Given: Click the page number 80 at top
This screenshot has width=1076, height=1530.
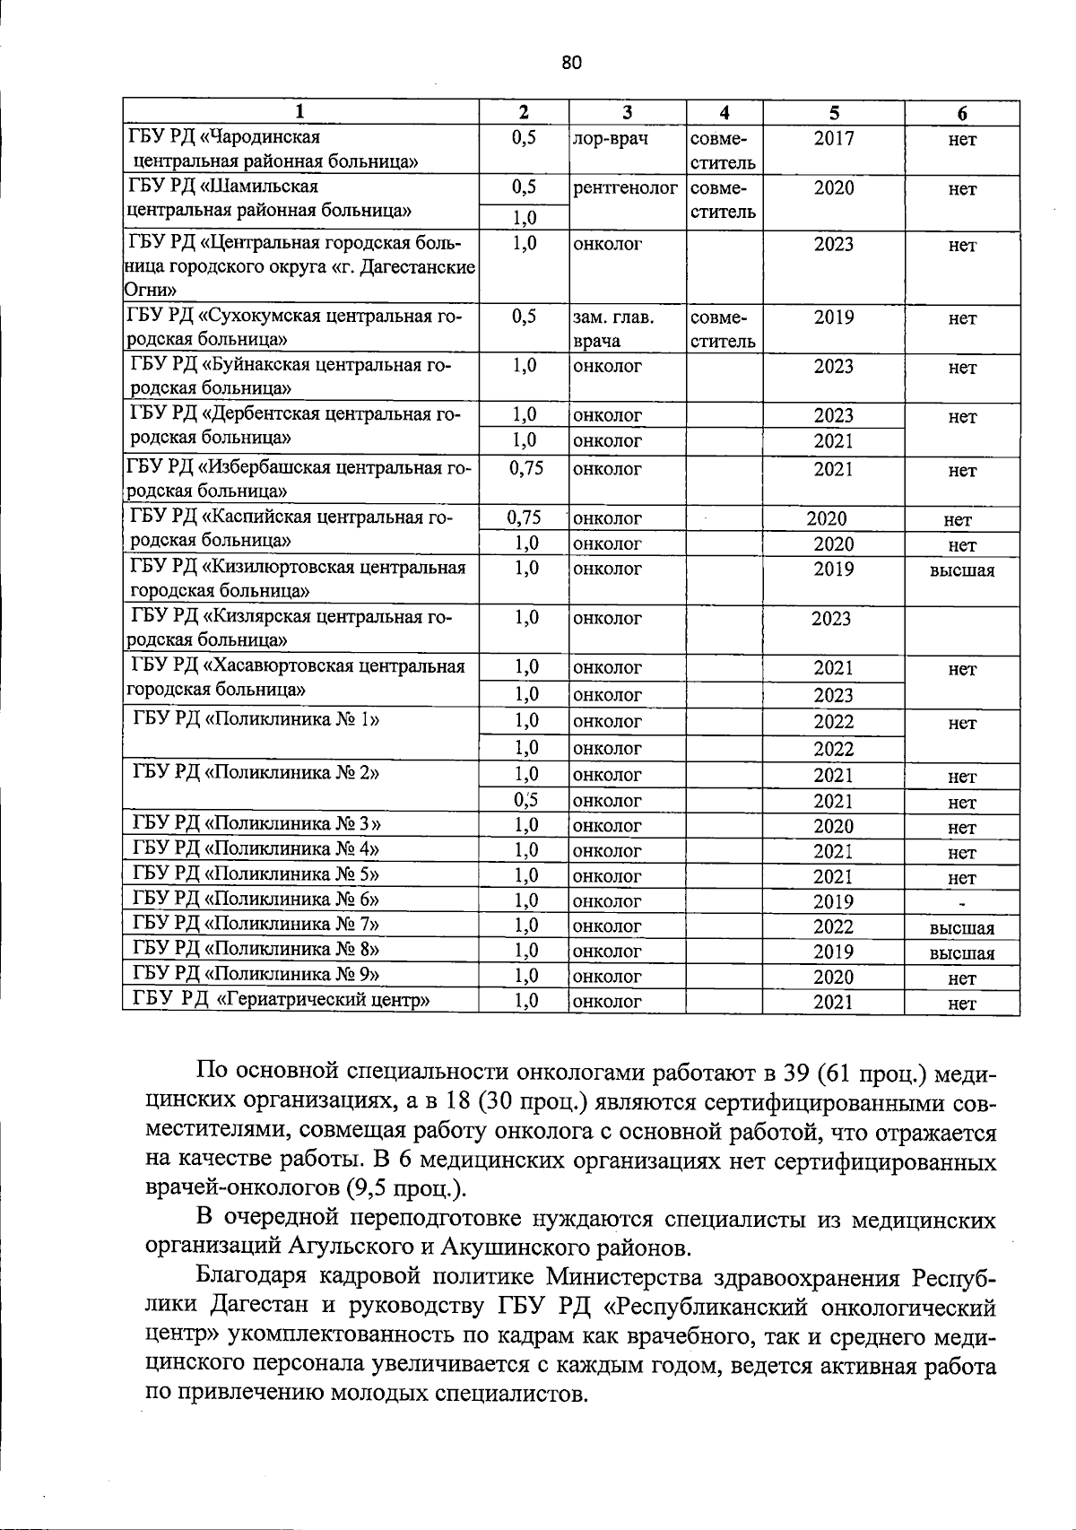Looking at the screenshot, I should click(x=572, y=62).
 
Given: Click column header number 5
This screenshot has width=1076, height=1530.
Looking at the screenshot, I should click(x=834, y=113).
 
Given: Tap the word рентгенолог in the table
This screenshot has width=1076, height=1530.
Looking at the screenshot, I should click(x=625, y=188).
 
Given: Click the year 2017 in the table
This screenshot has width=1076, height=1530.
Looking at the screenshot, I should click(x=834, y=139).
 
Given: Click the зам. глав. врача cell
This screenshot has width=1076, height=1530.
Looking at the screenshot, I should click(x=613, y=329).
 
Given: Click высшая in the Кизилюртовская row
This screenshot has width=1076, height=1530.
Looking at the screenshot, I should click(x=962, y=570).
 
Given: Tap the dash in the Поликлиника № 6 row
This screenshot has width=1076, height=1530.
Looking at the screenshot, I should click(x=963, y=902).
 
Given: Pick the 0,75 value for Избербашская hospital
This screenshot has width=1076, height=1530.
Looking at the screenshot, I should click(x=525, y=468).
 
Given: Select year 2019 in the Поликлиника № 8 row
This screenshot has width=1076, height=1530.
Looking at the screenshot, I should click(x=834, y=952).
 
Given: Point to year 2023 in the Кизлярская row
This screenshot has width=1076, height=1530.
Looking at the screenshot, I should click(x=830, y=619).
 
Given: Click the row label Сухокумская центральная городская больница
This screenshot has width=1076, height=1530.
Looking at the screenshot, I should click(x=296, y=328).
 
